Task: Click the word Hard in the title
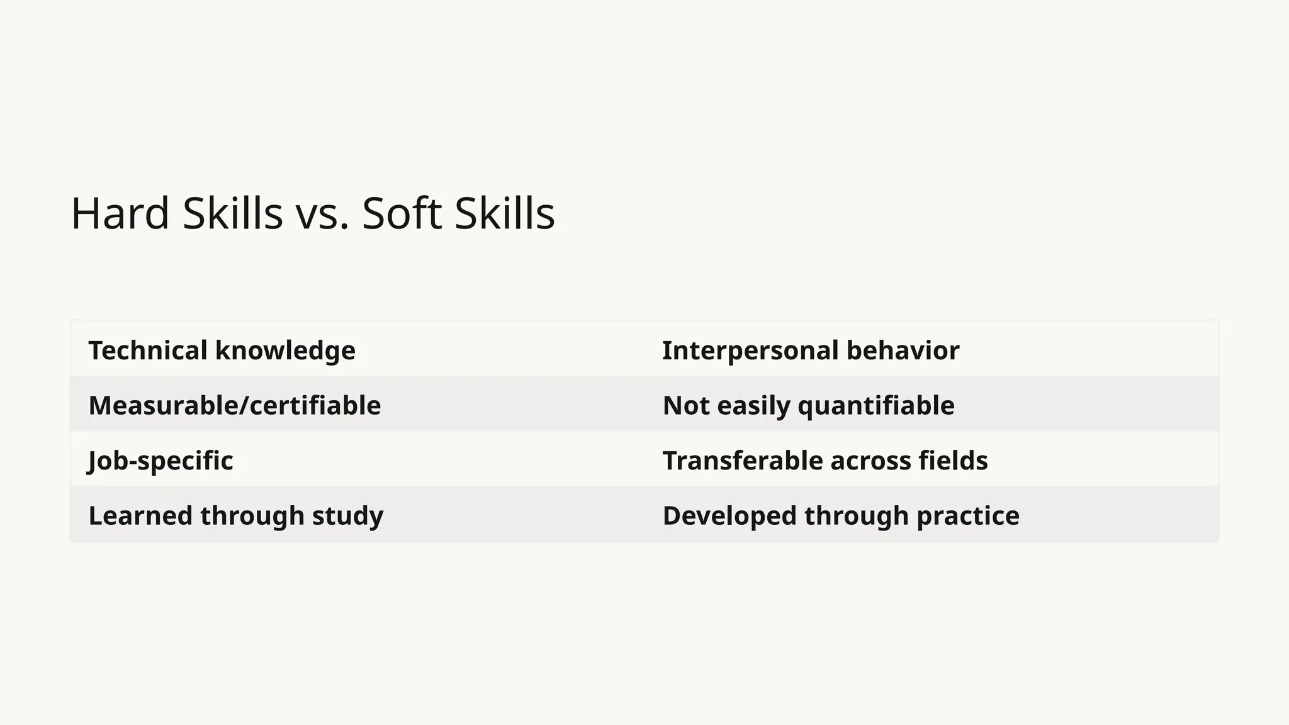[x=120, y=213]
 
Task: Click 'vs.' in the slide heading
[x=322, y=215]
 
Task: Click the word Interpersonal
[x=750, y=351]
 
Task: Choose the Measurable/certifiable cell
[x=234, y=405]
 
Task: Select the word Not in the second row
[x=686, y=405]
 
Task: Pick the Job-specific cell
[x=160, y=461]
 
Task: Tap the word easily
[x=753, y=406]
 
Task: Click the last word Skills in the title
[x=504, y=213]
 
